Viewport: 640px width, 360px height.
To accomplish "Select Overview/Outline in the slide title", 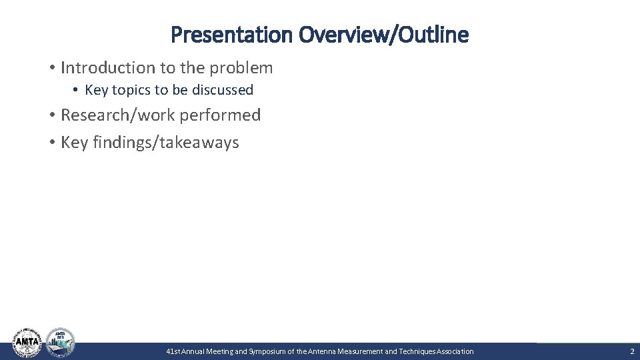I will [x=384, y=35].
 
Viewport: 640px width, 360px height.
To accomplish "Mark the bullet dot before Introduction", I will [x=51, y=68].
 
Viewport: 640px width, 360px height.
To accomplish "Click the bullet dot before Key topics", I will [x=77, y=90].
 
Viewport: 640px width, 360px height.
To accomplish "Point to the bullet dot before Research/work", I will [x=51, y=115].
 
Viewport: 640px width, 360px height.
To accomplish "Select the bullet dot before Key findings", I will [x=51, y=143].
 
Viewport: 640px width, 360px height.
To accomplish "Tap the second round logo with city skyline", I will [x=60, y=342].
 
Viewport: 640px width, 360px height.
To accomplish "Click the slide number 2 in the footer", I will [x=632, y=351].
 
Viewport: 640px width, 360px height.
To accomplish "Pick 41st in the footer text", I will [x=173, y=351].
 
